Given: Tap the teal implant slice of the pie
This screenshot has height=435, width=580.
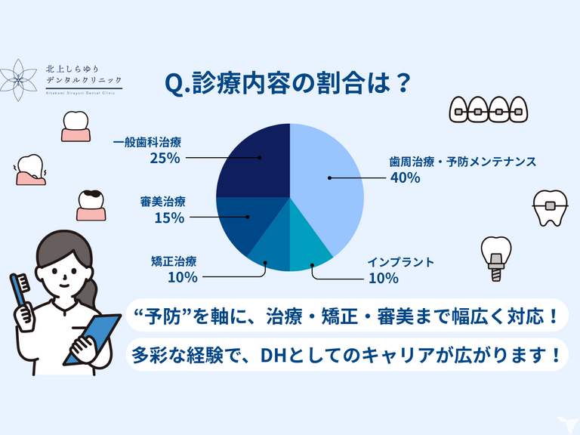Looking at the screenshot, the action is coord(309,248).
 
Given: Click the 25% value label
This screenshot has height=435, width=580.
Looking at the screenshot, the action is coord(165,159).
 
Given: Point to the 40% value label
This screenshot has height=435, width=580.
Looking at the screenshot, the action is coord(406,178).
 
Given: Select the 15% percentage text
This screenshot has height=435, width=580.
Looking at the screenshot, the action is coord(169,217).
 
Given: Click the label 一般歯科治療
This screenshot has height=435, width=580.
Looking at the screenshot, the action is coord(147,143).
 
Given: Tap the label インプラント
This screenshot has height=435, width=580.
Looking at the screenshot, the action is coord(400,262).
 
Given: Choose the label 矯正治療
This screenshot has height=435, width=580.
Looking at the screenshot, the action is coord(174,261).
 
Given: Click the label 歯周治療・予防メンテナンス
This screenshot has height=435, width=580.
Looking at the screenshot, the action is coord(463,162).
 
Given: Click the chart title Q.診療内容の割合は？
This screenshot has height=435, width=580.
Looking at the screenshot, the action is coord(288,83).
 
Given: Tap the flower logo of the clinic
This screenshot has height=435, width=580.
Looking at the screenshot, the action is coord(18,80).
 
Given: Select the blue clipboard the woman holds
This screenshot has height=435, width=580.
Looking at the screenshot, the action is coord(92,338).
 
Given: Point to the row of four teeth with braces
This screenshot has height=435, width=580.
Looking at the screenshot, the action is coord(489,110).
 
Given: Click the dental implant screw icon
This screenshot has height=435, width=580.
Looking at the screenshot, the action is coord(496,259).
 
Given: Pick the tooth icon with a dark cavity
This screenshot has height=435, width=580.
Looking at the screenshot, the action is coord(91,205).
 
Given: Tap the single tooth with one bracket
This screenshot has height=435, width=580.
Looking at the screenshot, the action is coord(550,208).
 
